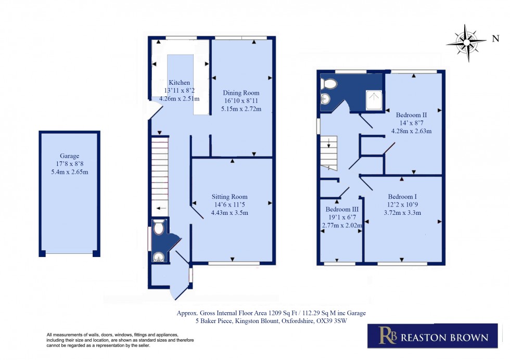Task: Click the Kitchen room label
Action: [179, 83]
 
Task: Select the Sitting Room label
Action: [229, 197]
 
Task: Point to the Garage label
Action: [69, 156]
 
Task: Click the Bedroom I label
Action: [402, 197]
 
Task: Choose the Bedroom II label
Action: [411, 114]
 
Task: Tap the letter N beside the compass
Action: [495, 38]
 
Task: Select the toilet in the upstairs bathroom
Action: [329, 84]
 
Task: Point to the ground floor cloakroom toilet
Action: [159, 227]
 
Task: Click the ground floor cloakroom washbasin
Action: [158, 256]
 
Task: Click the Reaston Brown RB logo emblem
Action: [387, 336]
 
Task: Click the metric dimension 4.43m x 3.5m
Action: [229, 212]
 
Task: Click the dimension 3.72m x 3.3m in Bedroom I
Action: [402, 212]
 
